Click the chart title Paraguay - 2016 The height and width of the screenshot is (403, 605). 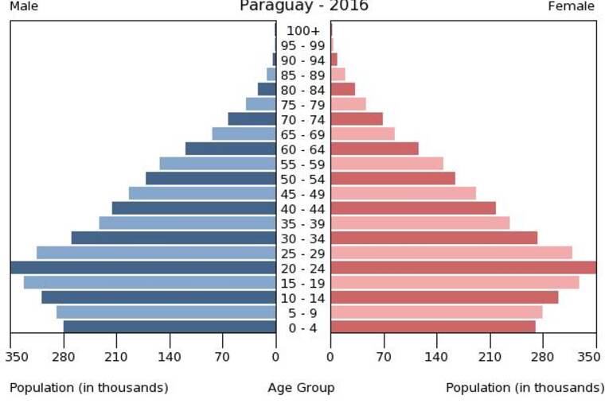[304, 6]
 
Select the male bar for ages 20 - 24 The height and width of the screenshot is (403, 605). [143, 267]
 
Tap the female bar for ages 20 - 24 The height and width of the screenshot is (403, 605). [463, 267]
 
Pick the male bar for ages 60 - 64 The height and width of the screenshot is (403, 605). [231, 149]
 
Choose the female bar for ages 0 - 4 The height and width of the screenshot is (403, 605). [433, 327]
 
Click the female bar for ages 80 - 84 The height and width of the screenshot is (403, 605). [342, 89]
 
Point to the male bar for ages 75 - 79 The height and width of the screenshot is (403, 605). [261, 104]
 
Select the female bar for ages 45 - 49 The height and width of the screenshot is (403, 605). [404, 193]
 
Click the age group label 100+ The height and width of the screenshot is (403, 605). [302, 31]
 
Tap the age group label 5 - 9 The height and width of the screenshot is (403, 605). [302, 313]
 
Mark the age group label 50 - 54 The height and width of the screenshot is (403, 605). [302, 180]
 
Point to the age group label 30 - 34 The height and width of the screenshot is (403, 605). [302, 239]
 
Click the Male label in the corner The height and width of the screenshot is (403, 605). [24, 6]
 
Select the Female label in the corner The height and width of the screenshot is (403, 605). [571, 6]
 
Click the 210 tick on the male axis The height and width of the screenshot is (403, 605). [116, 357]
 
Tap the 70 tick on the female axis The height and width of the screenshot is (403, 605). [384, 357]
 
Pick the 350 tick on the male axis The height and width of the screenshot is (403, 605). [17, 357]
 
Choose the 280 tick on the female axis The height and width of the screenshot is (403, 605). [542, 357]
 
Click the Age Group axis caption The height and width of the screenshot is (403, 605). [302, 388]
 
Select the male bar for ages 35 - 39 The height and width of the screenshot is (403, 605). [188, 223]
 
